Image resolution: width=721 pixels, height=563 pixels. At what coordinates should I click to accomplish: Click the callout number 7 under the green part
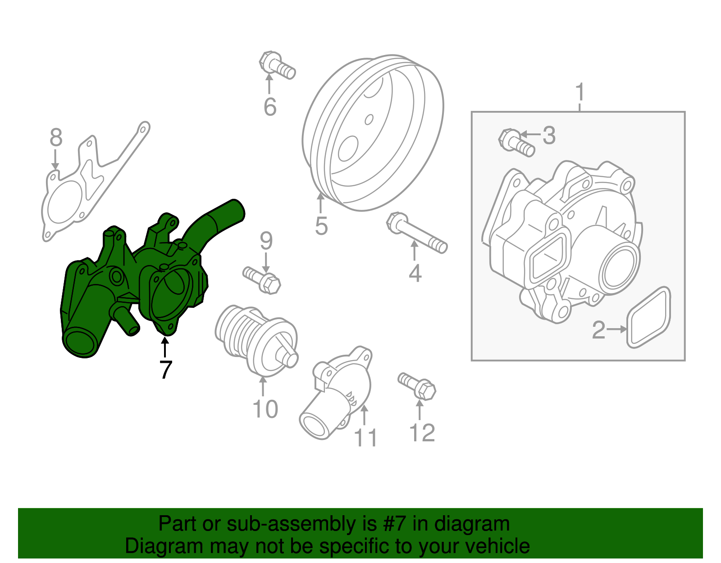coord(166,370)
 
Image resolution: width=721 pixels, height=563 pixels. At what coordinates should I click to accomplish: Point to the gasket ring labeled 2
coord(649,317)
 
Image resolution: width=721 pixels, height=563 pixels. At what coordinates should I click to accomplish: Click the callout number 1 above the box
coord(580,92)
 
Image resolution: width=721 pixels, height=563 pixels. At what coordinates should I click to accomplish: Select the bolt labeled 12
coord(417,385)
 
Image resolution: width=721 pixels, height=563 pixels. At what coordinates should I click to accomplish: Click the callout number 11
coord(365,438)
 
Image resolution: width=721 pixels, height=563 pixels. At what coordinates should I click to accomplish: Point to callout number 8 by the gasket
coord(56,137)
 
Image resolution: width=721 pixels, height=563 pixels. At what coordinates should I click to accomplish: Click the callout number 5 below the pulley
coord(321,226)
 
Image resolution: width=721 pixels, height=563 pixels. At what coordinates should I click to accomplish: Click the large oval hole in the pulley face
coord(348,148)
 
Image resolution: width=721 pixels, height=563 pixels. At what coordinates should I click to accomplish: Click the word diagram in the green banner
coord(472,524)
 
